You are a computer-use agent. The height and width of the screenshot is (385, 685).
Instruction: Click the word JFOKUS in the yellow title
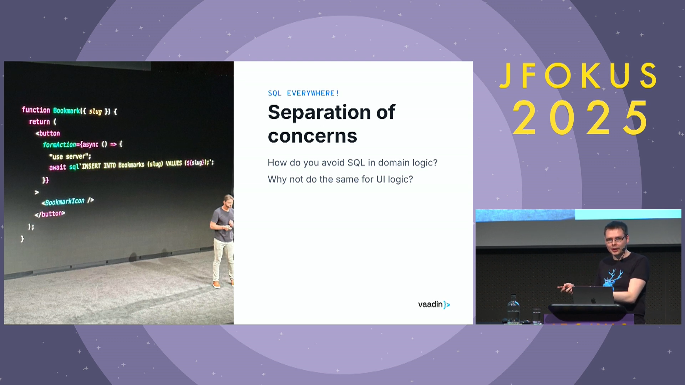click(578, 76)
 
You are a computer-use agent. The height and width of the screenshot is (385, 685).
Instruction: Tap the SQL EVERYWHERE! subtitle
click(303, 93)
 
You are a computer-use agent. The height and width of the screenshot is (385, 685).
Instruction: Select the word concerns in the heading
click(313, 136)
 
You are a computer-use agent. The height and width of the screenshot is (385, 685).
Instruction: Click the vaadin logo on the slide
click(434, 304)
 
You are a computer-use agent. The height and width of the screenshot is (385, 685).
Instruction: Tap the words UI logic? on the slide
click(395, 179)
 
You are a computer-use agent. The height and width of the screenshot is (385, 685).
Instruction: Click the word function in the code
click(36, 110)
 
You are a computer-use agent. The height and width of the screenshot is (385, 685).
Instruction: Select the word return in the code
click(39, 122)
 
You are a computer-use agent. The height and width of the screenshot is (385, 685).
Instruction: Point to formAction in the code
click(59, 144)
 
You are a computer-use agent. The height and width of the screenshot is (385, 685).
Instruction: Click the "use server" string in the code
click(70, 156)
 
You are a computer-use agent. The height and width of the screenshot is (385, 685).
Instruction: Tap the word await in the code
click(57, 167)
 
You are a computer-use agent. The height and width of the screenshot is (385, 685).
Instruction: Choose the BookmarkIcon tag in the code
click(67, 201)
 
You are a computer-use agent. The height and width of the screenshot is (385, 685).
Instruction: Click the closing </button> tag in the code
click(50, 214)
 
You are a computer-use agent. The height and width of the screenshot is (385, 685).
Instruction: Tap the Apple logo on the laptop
click(593, 301)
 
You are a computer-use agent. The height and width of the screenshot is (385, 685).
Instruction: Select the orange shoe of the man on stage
click(216, 284)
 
